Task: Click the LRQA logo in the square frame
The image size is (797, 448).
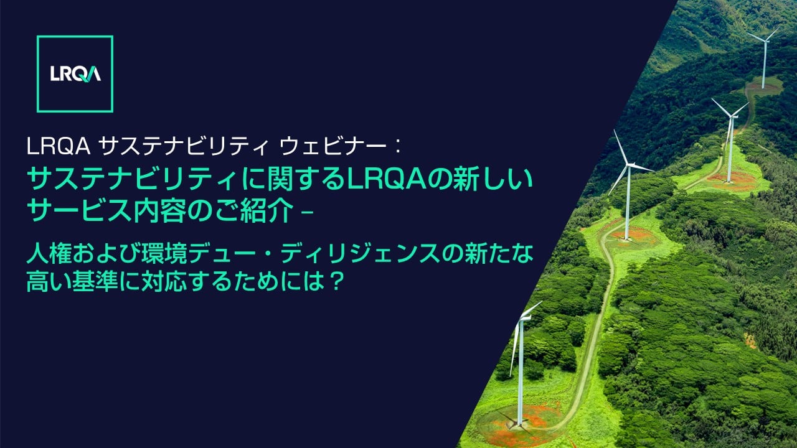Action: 75,74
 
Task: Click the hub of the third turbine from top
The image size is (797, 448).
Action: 627,166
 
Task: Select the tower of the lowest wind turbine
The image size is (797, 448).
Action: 521,373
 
